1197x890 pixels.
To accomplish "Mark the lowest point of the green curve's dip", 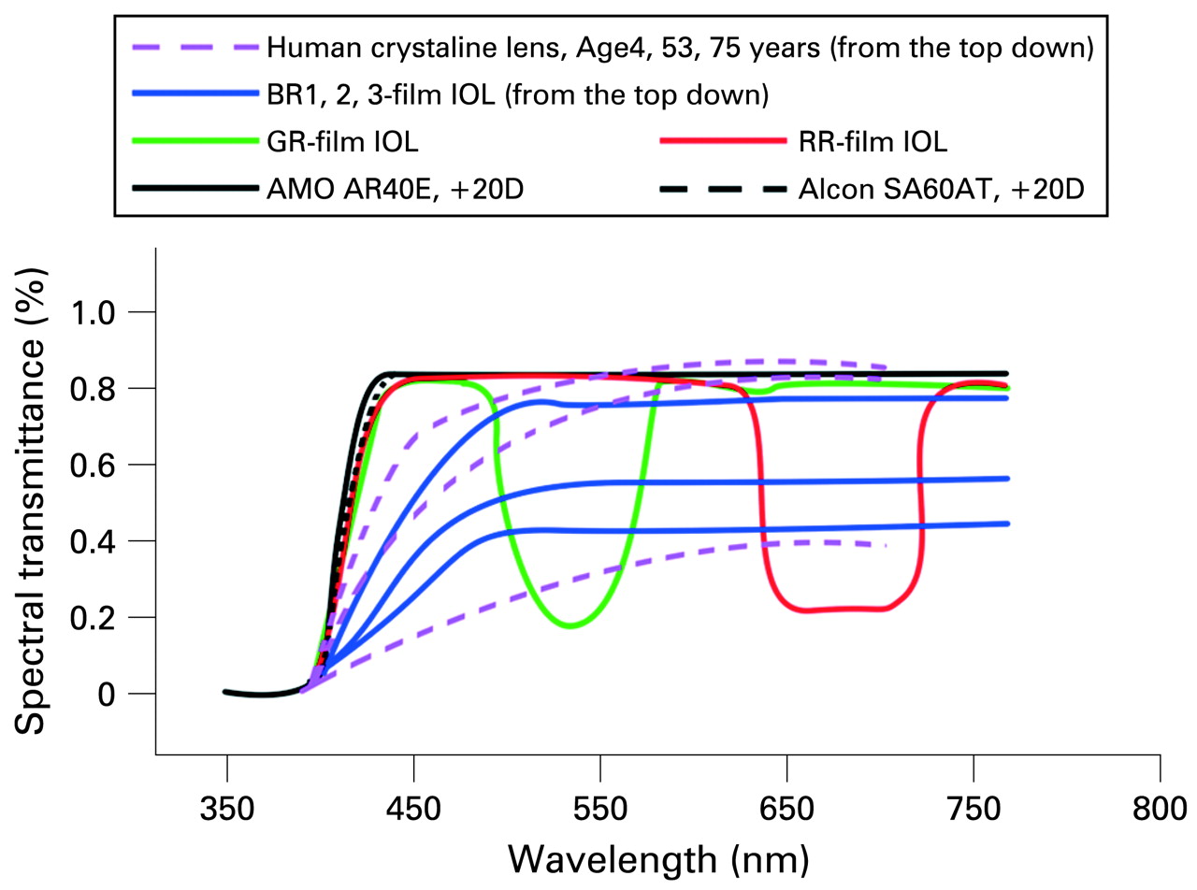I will pos(570,626).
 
